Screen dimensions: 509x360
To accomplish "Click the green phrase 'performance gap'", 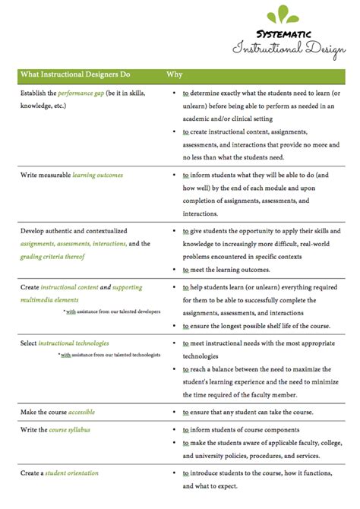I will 82,93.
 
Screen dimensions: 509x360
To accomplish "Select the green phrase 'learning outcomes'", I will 97,175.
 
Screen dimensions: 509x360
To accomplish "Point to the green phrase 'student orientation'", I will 71,473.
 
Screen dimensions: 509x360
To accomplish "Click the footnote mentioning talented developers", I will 112,311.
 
